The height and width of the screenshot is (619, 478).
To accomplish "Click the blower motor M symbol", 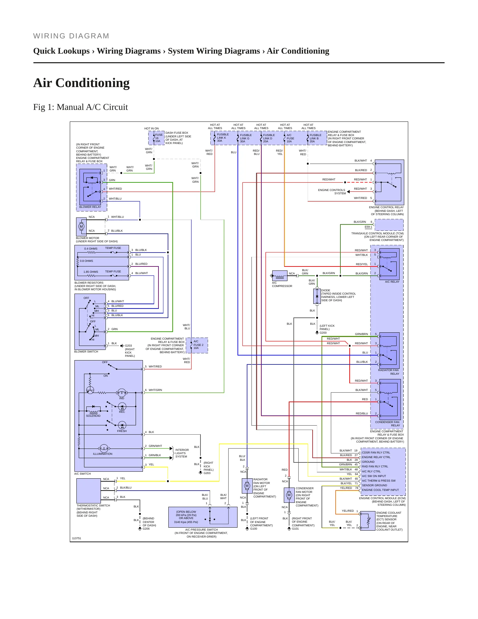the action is pos(81,227).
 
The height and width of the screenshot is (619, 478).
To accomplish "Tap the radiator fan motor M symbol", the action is pos(247,486).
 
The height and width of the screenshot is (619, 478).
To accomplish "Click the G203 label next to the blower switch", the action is pos(128,346).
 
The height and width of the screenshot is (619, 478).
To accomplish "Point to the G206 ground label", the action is pos(146,529).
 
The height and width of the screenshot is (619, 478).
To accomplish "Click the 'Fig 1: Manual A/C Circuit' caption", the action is pos(80,107).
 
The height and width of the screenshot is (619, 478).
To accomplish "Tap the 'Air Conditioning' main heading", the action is pos(81,83).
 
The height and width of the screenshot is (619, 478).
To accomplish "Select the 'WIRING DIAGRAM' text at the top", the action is pos(71,36).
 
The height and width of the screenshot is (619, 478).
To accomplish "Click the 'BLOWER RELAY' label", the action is pos(90,207).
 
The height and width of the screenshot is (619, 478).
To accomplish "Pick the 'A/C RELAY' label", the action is pos(392,282).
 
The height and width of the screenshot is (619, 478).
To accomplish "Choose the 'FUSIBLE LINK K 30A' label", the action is pos(223,138).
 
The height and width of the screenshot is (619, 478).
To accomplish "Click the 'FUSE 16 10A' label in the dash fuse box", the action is pos(159,138).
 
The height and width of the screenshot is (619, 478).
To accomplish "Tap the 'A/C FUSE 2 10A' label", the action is pos(198,345).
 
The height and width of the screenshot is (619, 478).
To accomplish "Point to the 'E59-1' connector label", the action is pos(369,227).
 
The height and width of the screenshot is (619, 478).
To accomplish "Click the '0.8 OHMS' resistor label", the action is pos(86,261).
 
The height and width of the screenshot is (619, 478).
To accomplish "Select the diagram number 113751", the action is pos(76,538).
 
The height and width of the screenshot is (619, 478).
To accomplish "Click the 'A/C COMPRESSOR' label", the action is pos(282,284).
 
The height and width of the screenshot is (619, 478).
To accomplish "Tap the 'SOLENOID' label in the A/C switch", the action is pos(93,416).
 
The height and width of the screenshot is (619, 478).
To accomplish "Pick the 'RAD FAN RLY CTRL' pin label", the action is pos(375,466).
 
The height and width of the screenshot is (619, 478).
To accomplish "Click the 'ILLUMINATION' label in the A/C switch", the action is pos(103,454).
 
